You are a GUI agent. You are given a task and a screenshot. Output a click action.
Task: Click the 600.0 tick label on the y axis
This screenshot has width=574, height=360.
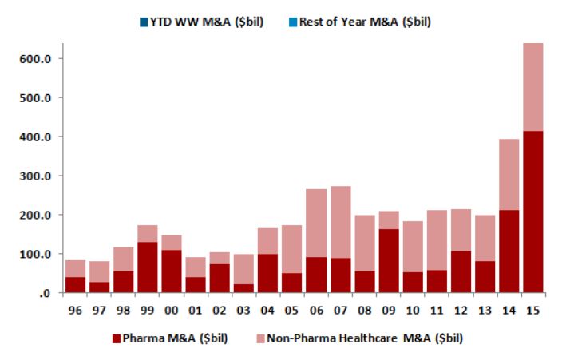click(35, 59)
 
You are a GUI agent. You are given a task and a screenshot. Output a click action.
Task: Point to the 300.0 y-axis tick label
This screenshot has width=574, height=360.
click(35, 176)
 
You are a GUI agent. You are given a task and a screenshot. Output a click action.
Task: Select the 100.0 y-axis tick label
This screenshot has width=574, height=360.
click(35, 255)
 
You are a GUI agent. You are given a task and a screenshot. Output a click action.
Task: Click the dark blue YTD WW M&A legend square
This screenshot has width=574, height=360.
click(144, 22)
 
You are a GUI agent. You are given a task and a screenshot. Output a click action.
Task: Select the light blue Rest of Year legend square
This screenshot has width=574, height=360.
click(293, 22)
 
